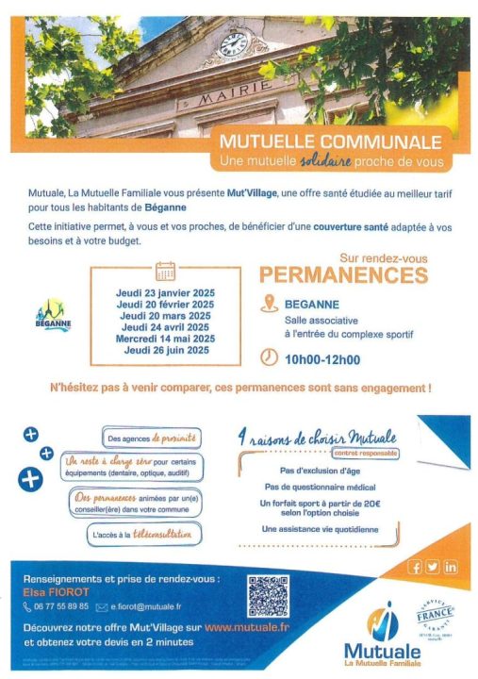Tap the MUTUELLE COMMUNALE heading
tap(330, 142)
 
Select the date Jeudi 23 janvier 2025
tap(165, 293)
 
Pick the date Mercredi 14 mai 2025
tap(165, 339)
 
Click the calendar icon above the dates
tap(165, 272)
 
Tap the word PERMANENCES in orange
tap(343, 275)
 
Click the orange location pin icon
tap(269, 304)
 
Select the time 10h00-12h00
tap(322, 358)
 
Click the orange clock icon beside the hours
tap(269, 357)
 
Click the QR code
tap(268, 596)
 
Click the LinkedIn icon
tap(450, 567)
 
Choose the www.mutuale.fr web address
tap(247, 626)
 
